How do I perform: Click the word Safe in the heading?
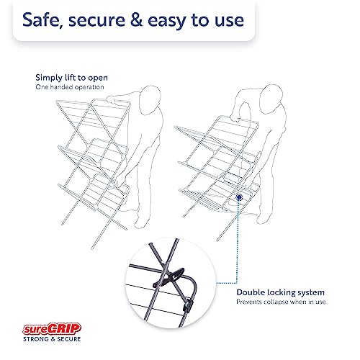[x=41, y=20]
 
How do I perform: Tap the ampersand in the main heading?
[x=136, y=19]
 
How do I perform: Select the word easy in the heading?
[x=167, y=22]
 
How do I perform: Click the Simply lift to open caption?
[x=71, y=78]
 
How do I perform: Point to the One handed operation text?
[x=70, y=87]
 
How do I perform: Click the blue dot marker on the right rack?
[x=239, y=197]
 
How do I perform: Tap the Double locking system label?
[x=280, y=292]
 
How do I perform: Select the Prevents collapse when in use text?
[x=281, y=302]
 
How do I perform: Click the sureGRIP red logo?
[x=52, y=328]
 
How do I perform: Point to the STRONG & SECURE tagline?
[x=52, y=339]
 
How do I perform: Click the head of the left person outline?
[x=150, y=100]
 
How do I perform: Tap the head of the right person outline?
[x=271, y=99]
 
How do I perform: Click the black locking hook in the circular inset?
[x=172, y=277]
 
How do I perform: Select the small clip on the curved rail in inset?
[x=188, y=305]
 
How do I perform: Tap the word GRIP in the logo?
[x=64, y=328]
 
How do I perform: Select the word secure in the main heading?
[x=96, y=21]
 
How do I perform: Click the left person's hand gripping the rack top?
[x=113, y=99]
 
